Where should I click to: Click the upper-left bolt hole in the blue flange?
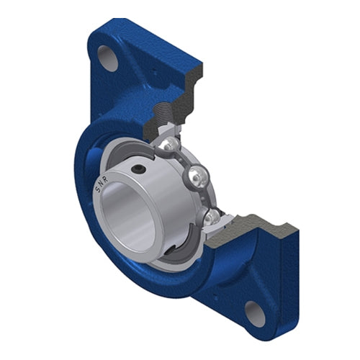tap(108, 58)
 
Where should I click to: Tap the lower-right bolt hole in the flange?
tap(255, 312)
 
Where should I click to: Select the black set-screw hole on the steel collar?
tap(138, 169)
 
